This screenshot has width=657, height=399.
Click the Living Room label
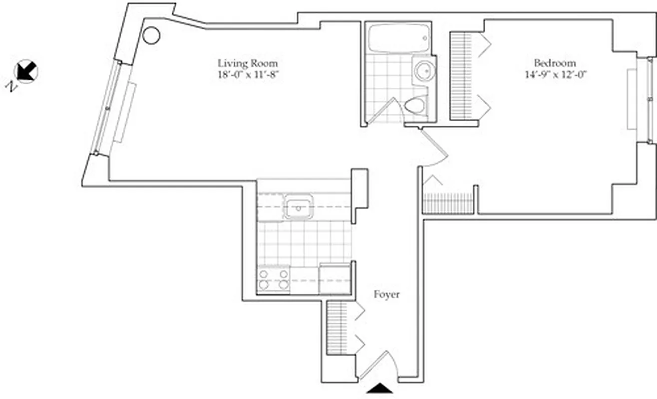pyautogui.click(x=247, y=63)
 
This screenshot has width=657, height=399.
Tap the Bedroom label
pyautogui.click(x=555, y=63)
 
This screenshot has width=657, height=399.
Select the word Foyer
pyautogui.click(x=386, y=295)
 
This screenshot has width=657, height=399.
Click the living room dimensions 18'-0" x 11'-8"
pyautogui.click(x=247, y=75)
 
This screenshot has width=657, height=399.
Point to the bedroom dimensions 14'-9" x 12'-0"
pyautogui.click(x=555, y=75)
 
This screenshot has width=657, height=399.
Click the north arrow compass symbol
pyautogui.click(x=26, y=71)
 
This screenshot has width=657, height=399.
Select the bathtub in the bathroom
pyautogui.click(x=397, y=38)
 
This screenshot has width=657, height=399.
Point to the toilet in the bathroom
pyautogui.click(x=414, y=105)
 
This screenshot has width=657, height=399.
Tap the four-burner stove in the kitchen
pyautogui.click(x=274, y=279)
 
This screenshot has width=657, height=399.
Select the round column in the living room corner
pyautogui.click(x=151, y=35)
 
